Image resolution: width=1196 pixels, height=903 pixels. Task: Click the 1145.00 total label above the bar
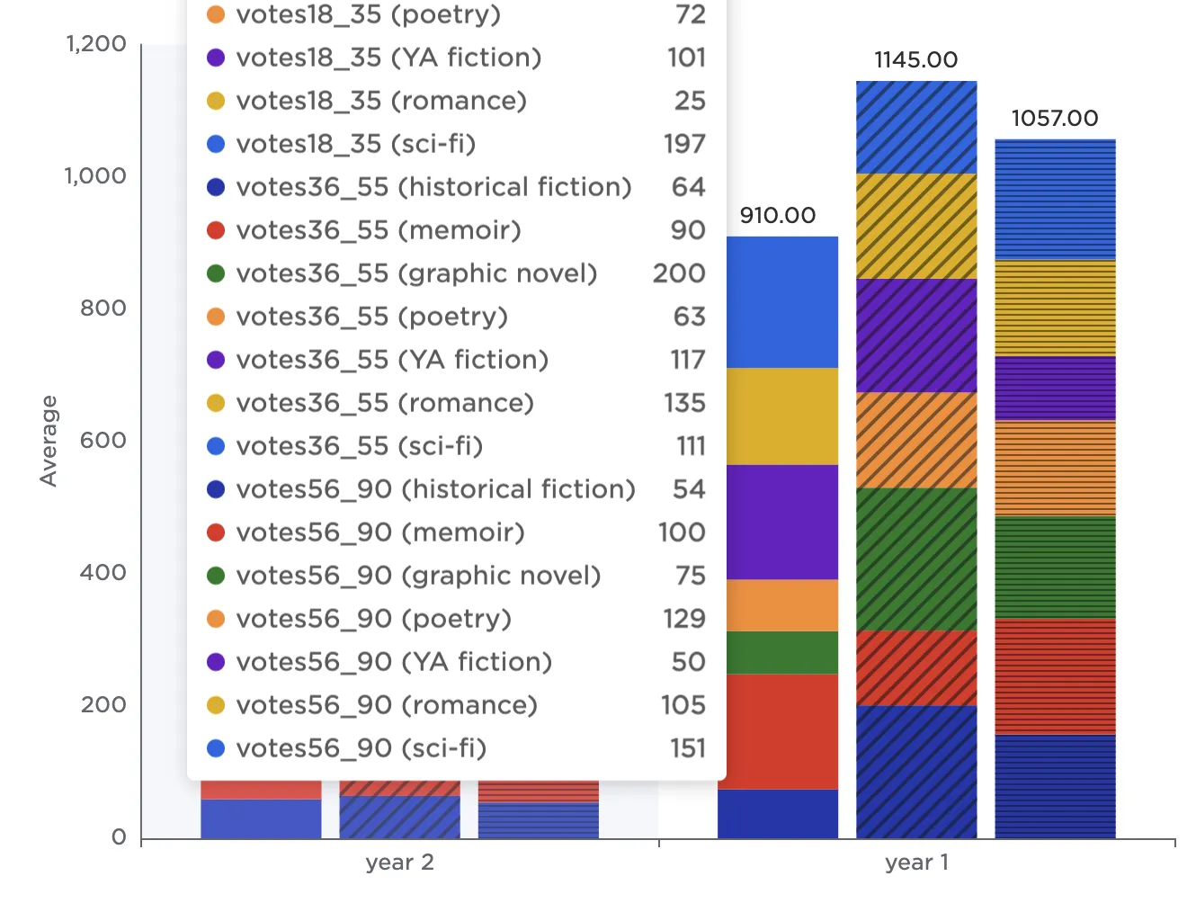pyautogui.click(x=915, y=60)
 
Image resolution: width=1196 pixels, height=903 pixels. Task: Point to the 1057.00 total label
pyautogui.click(x=1054, y=119)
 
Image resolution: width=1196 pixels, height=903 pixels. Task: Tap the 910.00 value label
pyautogui.click(x=777, y=216)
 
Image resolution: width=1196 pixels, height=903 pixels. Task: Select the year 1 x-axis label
pyautogui.click(x=916, y=863)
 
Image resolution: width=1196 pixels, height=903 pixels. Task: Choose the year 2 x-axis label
pyautogui.click(x=399, y=863)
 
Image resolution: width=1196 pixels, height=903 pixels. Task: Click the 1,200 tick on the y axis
pyautogui.click(x=96, y=44)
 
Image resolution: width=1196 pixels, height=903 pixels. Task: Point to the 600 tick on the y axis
pyautogui.click(x=103, y=441)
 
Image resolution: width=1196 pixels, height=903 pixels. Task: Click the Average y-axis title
pyautogui.click(x=49, y=441)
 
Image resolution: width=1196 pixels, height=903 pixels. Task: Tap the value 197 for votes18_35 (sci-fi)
pyautogui.click(x=684, y=144)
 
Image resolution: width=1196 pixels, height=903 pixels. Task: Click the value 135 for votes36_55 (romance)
pyautogui.click(x=684, y=403)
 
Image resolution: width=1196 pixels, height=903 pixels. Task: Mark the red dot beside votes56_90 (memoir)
pyautogui.click(x=216, y=532)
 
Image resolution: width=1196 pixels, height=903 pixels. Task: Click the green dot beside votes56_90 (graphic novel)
pyautogui.click(x=216, y=576)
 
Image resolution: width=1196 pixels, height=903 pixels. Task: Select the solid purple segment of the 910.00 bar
pyautogui.click(x=781, y=522)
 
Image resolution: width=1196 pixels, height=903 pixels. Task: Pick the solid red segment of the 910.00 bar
pyautogui.click(x=781, y=731)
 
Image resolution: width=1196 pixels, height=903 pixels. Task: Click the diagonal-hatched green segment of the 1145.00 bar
pyautogui.click(x=916, y=559)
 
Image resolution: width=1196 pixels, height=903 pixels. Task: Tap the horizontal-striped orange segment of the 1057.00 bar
pyautogui.click(x=1055, y=468)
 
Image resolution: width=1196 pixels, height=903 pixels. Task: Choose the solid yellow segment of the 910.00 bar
pyautogui.click(x=781, y=416)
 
